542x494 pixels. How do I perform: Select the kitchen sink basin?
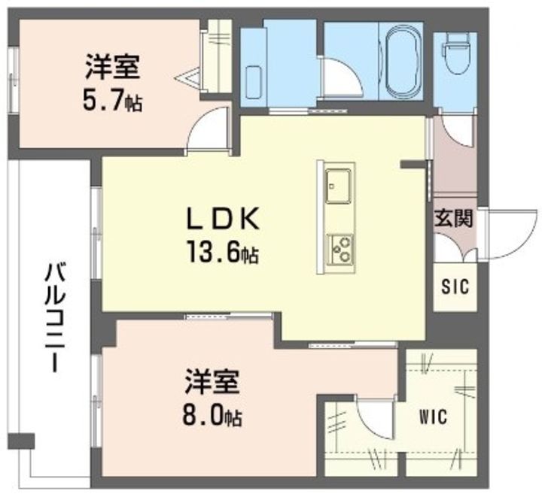(x=337, y=186)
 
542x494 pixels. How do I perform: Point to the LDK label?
(x=223, y=219)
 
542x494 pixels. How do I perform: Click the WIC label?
(x=433, y=417)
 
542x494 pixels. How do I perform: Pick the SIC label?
(x=455, y=286)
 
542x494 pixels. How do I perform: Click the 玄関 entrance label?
(x=453, y=218)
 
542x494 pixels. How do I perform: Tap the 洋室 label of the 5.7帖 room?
(x=112, y=67)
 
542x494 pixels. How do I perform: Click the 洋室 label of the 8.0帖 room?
(x=212, y=381)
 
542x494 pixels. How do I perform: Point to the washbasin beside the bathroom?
(x=254, y=83)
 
